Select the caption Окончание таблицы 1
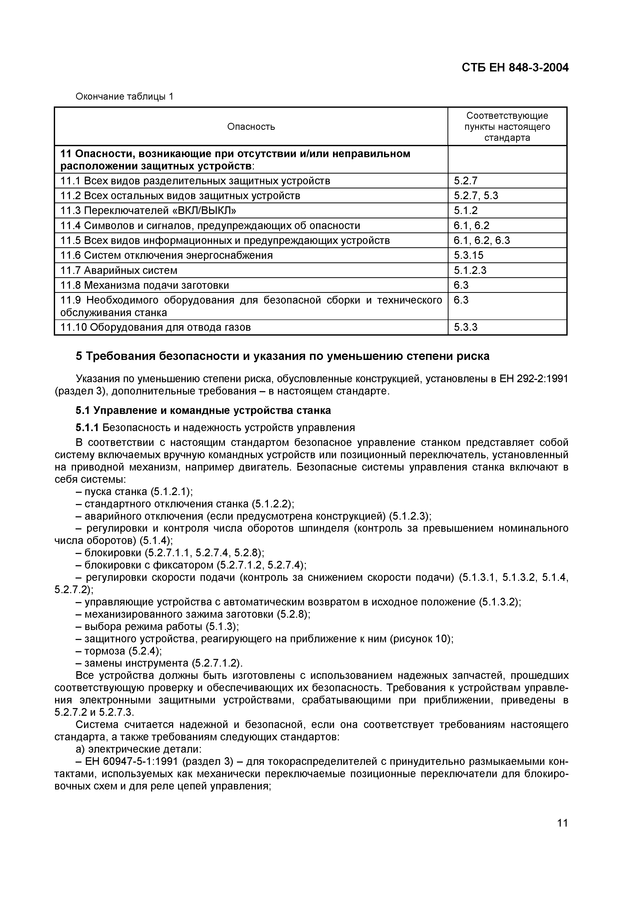pos(124,96)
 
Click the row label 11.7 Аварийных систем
pos(119,270)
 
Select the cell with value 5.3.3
pos(466,327)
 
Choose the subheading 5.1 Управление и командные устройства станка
pos(203,410)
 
